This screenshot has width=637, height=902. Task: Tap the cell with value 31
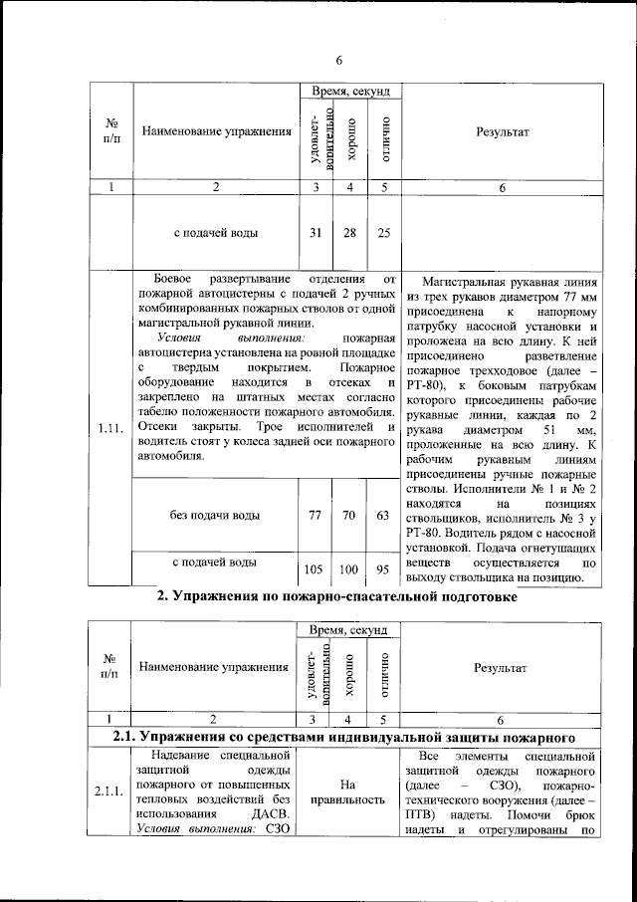coord(315,233)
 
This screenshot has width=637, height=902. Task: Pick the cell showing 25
coord(383,233)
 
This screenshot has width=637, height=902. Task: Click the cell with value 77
coord(315,516)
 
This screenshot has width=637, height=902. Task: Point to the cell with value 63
coord(383,516)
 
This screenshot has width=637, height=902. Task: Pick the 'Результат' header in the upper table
coord(502,131)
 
